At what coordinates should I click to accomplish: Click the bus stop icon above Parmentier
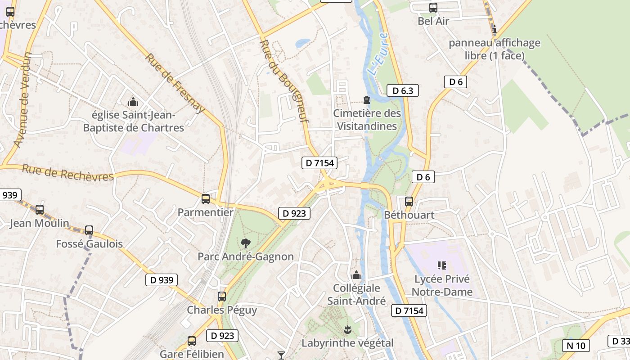click(x=206, y=198)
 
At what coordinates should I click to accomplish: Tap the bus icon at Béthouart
click(x=409, y=201)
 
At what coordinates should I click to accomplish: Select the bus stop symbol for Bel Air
click(x=433, y=7)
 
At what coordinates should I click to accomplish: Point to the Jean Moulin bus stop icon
click(x=40, y=209)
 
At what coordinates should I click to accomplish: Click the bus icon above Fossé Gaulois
click(x=89, y=230)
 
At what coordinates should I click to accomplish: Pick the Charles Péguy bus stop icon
click(x=222, y=296)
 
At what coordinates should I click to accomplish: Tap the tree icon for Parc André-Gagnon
click(x=245, y=243)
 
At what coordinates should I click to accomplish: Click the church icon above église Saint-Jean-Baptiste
click(x=133, y=102)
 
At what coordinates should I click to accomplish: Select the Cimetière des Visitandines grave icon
click(x=367, y=99)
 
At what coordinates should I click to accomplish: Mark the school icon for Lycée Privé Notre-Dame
click(x=442, y=265)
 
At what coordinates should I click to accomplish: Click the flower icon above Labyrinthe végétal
click(x=347, y=330)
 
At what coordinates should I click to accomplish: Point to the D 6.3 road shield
click(x=403, y=90)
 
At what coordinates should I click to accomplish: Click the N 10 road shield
click(x=576, y=346)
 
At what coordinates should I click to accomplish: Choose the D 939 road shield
click(x=162, y=280)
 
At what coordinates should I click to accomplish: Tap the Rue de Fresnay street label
click(x=175, y=83)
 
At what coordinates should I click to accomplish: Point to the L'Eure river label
click(x=377, y=54)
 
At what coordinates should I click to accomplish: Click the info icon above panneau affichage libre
click(x=495, y=30)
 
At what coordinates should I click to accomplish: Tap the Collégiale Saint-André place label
click(x=356, y=294)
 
